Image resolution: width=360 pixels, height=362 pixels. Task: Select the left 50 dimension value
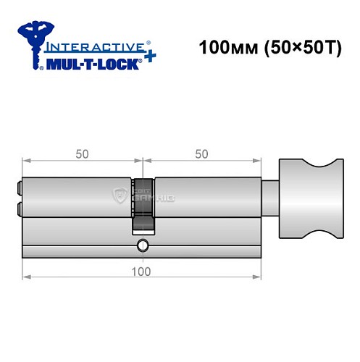tap(82, 153)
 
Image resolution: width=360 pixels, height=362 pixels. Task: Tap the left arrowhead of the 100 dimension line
tap(26, 277)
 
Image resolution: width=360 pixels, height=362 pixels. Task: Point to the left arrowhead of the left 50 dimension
tap(26, 161)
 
